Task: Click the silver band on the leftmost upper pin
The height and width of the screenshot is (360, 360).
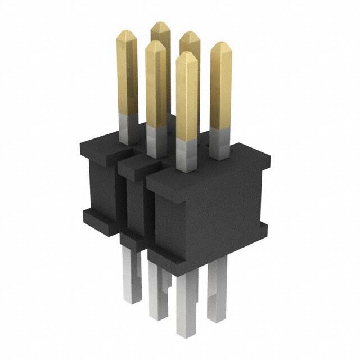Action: coord(129,127)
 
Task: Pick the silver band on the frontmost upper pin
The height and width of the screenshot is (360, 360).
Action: coord(186,154)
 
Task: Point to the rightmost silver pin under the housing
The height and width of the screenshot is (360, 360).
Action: coord(217,292)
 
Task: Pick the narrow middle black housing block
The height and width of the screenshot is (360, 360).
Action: coord(134,202)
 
